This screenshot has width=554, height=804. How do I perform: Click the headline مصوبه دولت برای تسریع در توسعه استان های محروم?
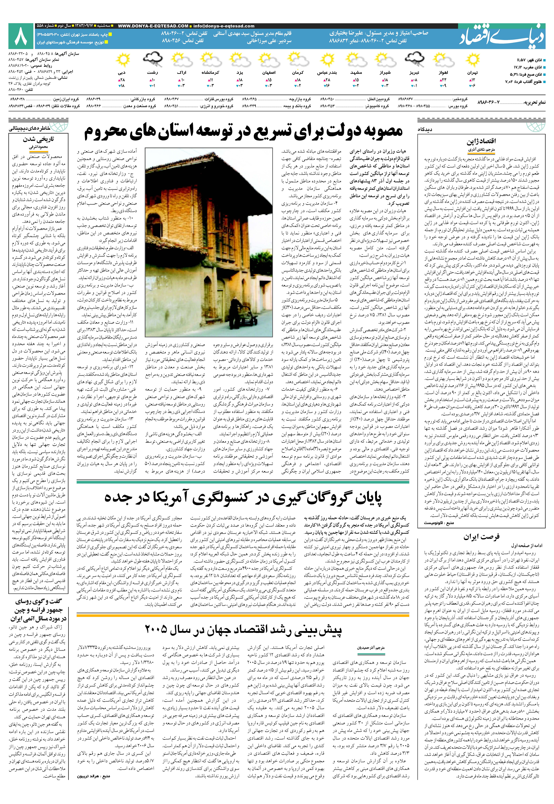pos(243,132)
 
